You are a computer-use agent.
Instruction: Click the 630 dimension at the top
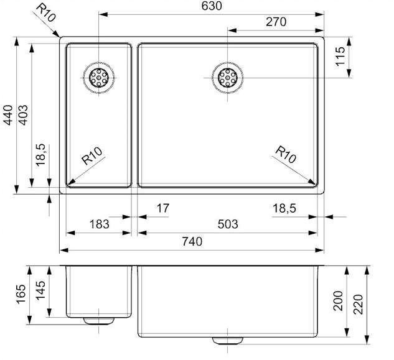pyautogui.click(x=212, y=6)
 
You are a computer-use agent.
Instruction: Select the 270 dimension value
pyautogui.click(x=276, y=22)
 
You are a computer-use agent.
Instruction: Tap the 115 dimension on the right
pyautogui.click(x=340, y=56)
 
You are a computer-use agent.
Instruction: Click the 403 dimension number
pyautogui.click(x=23, y=115)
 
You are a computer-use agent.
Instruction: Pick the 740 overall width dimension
pyautogui.click(x=192, y=241)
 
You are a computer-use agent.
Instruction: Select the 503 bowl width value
pyautogui.click(x=228, y=224)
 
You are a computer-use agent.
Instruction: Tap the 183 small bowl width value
pyautogui.click(x=99, y=224)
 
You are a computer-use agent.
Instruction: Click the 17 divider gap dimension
pyautogui.click(x=163, y=208)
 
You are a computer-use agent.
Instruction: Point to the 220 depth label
pyautogui.click(x=359, y=304)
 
